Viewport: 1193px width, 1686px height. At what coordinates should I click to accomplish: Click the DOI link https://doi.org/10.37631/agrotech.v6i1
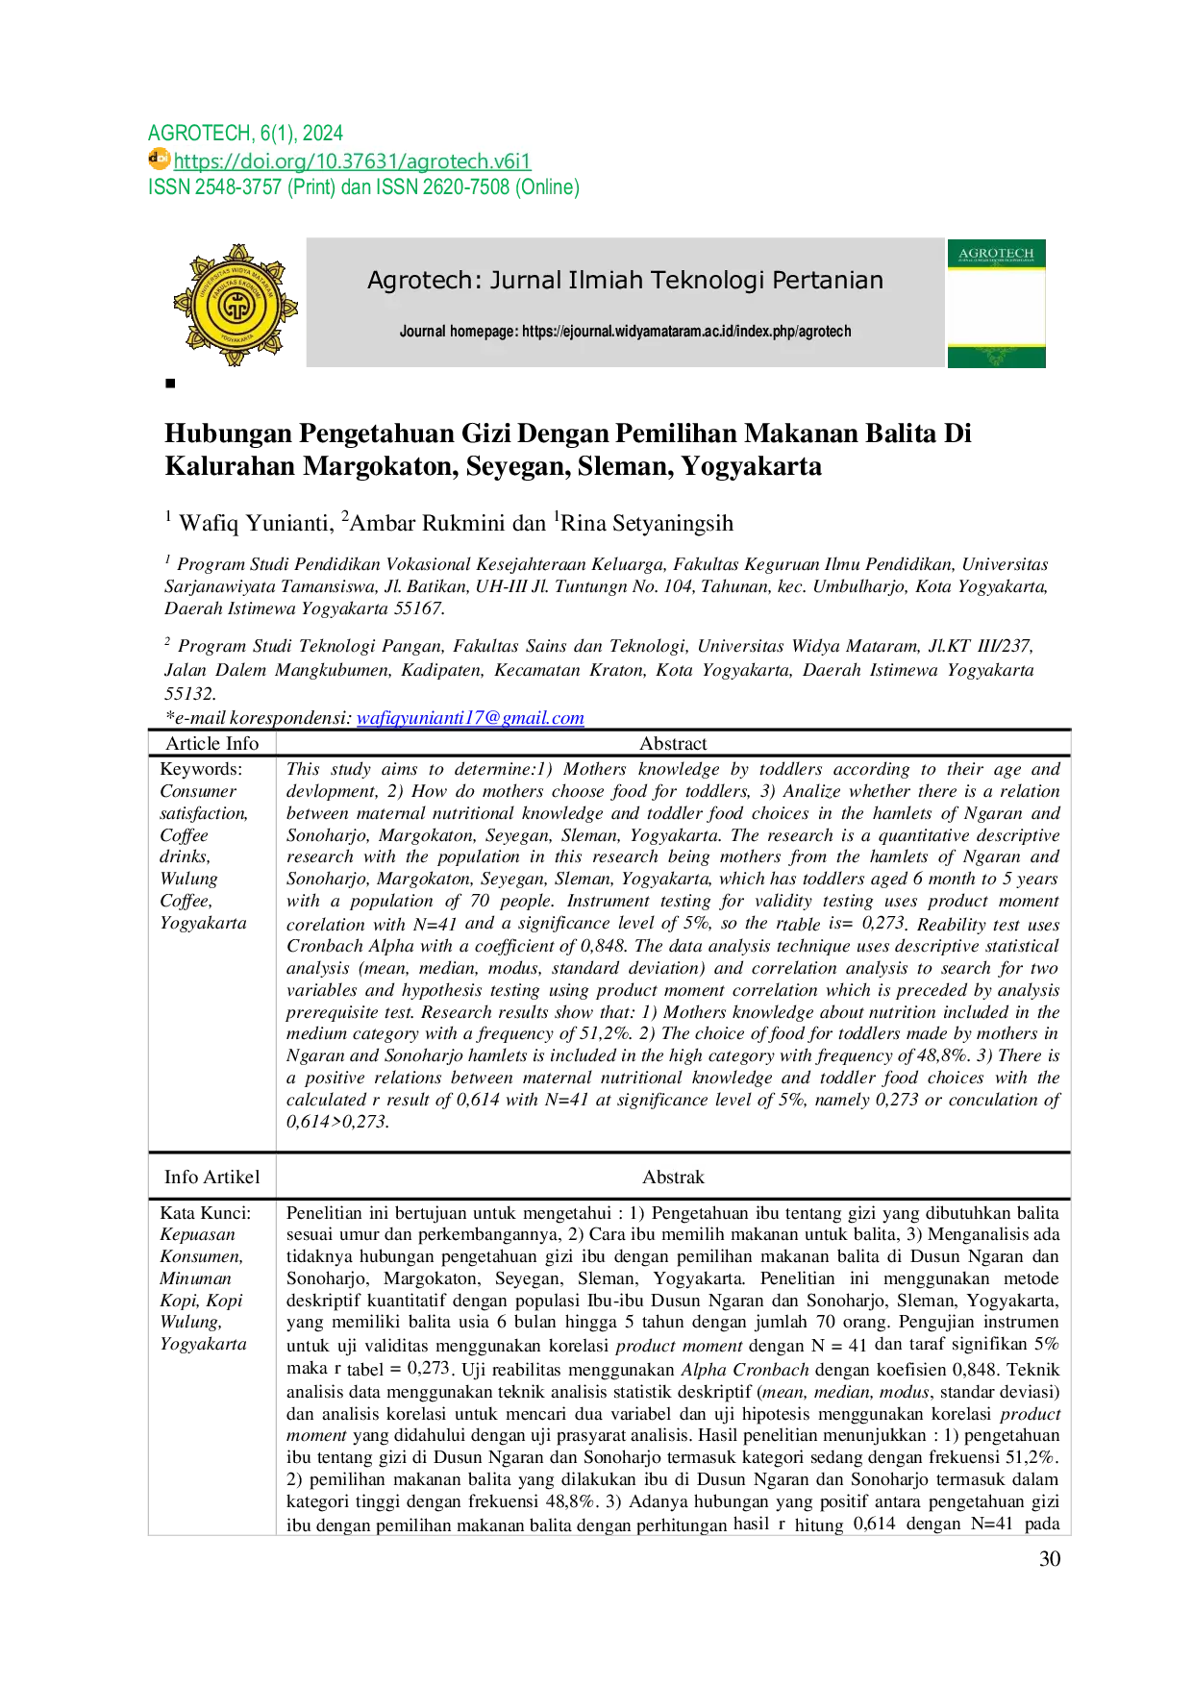coord(352,161)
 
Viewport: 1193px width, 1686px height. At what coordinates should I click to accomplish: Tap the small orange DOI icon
coord(158,159)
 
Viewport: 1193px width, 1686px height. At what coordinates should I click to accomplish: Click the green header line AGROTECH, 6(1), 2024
coord(245,133)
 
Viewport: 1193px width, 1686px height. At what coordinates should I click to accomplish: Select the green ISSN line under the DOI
coord(364,187)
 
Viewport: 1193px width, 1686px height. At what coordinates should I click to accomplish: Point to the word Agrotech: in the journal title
coord(424,281)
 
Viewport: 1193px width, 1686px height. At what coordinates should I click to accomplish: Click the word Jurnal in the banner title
coord(526,281)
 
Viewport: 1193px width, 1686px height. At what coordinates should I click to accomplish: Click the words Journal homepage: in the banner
coord(459,332)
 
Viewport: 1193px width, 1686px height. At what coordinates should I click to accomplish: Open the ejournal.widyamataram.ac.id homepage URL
coord(686,332)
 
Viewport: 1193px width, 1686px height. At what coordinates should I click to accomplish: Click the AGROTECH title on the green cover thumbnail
coord(996,254)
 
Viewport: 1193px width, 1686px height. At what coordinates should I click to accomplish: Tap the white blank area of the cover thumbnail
coord(996,308)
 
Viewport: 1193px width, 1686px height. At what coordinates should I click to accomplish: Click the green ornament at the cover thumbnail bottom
coord(996,357)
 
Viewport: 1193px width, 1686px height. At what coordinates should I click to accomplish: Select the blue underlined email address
coord(470,718)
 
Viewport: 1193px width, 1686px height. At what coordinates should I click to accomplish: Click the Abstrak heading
coord(673,1178)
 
